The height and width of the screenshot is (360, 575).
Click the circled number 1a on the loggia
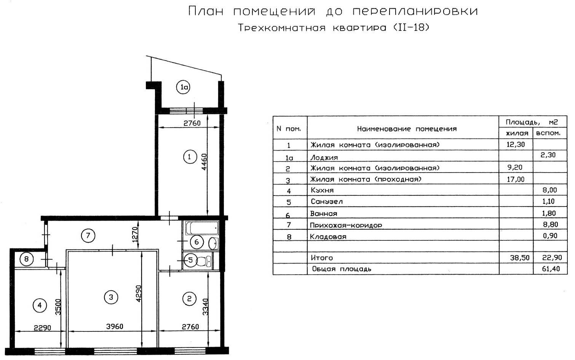point(183,87)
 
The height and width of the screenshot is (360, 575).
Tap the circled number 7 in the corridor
point(88,236)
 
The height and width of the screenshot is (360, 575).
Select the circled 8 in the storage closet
point(26,259)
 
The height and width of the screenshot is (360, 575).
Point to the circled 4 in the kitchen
point(40,306)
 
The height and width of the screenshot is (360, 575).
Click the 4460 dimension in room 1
point(204,162)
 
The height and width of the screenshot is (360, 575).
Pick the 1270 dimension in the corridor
point(135,234)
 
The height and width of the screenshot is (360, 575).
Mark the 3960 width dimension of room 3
point(115,326)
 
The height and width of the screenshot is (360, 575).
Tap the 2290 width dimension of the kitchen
point(42,328)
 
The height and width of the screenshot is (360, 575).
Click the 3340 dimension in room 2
point(205,307)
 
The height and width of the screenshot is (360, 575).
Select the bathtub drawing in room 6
point(202,228)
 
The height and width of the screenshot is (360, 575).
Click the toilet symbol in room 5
point(204,261)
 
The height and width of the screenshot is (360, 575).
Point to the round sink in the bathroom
point(213,243)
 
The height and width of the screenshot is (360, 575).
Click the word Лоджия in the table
point(324,157)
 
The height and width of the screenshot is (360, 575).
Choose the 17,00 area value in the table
point(516,179)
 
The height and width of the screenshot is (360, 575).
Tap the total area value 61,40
point(551,269)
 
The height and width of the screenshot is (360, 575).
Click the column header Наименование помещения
point(407,129)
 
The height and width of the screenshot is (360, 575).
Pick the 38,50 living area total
point(520,258)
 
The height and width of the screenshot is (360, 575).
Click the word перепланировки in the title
point(415,11)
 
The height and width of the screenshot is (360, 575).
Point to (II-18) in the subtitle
point(411,27)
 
